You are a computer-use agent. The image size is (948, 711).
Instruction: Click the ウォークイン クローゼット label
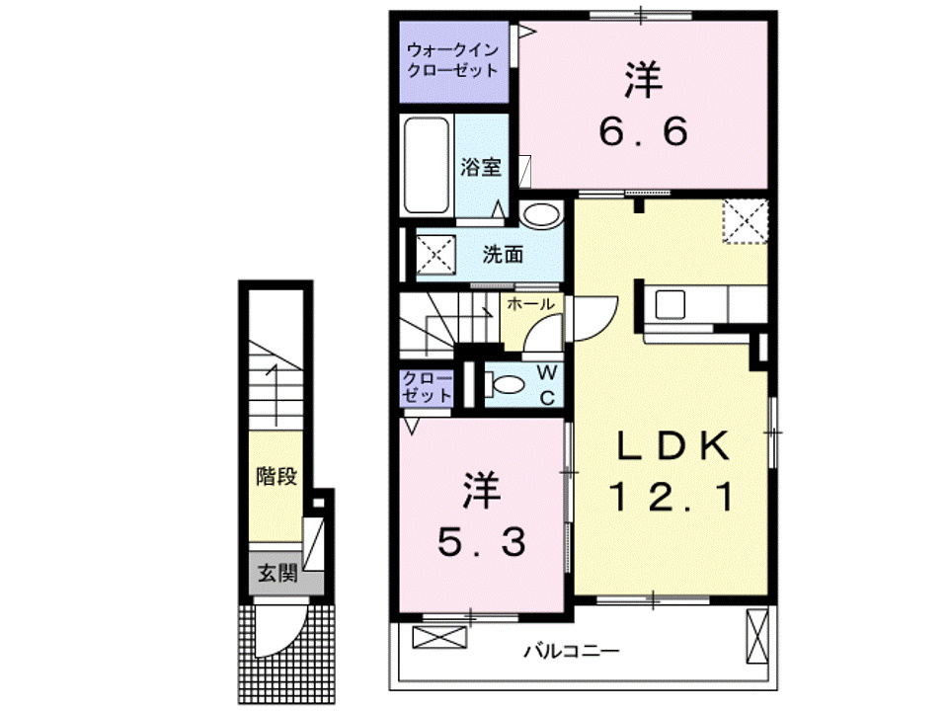(452, 60)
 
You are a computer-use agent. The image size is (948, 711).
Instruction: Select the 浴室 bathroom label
(481, 167)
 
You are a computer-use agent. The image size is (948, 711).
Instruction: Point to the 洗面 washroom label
(503, 255)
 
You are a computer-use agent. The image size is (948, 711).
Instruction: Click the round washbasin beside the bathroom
(539, 214)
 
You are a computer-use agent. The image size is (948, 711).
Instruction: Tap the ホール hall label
(529, 305)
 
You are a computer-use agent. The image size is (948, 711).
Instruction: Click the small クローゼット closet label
(427, 386)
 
